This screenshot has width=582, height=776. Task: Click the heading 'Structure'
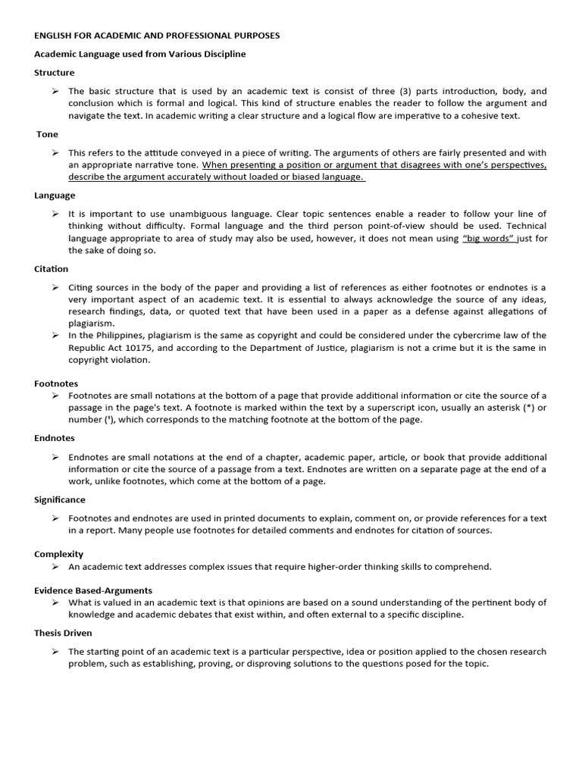(x=54, y=73)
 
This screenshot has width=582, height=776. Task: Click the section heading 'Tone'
(x=47, y=134)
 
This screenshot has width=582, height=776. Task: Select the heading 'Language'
(x=55, y=195)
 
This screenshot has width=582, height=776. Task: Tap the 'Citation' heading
(x=51, y=268)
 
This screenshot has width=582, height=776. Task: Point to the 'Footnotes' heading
(x=56, y=383)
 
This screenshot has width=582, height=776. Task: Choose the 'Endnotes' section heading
(x=55, y=438)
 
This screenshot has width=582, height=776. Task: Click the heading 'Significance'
(x=59, y=499)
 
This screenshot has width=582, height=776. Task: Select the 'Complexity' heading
(x=58, y=554)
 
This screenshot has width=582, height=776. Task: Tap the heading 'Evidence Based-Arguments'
(x=93, y=590)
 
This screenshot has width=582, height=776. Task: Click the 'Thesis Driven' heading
(x=63, y=632)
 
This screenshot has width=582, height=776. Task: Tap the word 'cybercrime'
(x=449, y=336)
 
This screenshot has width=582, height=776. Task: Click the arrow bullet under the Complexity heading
(x=56, y=566)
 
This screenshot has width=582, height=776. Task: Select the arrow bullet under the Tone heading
(x=56, y=152)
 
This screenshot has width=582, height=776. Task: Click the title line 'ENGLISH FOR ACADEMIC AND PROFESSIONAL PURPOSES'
(x=157, y=36)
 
